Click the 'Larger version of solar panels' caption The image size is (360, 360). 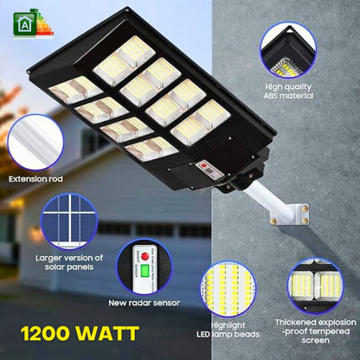pos(68,262)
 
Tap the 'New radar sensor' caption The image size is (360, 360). pos(143,302)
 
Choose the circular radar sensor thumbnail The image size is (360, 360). pos(143,267)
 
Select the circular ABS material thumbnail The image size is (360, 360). pos(289,50)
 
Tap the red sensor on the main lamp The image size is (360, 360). pos(206,165)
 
